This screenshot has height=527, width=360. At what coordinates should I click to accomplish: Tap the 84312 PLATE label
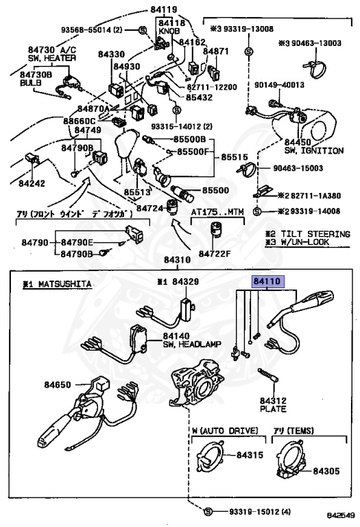point(272,403)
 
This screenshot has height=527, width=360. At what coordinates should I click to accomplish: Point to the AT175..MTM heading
point(217,213)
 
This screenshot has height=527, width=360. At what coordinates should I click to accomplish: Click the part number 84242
point(32,183)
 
